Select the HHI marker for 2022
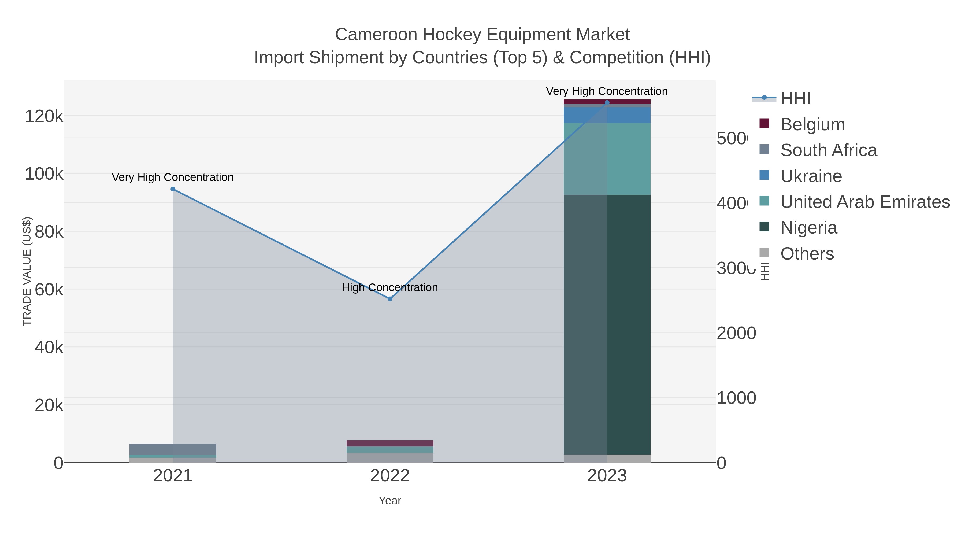390,299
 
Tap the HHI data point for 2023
607,103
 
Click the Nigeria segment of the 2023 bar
607,324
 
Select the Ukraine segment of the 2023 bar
607,115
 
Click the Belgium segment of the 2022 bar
390,443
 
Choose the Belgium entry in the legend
812,124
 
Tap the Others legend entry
807,254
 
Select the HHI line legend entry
795,99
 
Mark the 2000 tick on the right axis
736,333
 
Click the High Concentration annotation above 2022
390,287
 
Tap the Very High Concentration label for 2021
173,177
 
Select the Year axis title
390,501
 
